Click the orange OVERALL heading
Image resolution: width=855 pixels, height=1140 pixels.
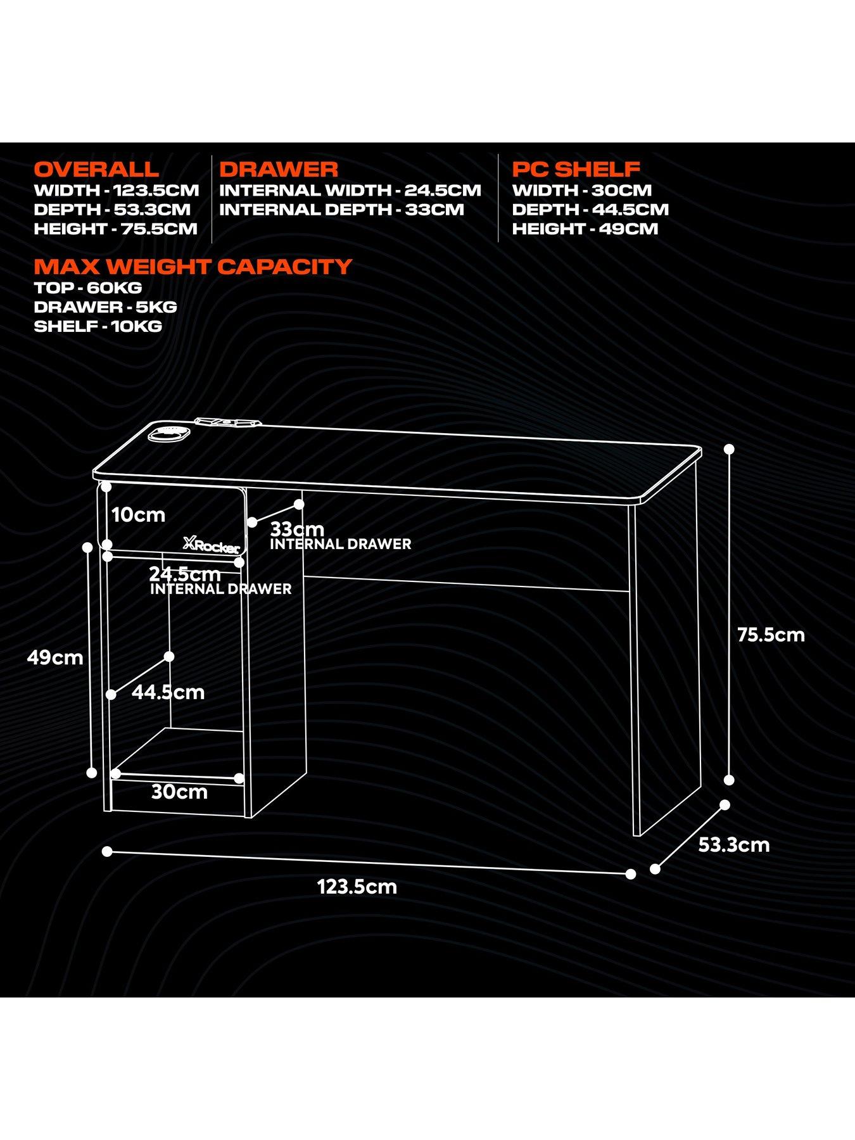pos(96,170)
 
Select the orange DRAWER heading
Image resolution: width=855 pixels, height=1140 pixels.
pos(279,170)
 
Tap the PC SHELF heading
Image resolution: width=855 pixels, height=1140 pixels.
pos(576,170)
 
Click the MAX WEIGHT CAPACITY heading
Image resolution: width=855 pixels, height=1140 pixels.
pos(193,267)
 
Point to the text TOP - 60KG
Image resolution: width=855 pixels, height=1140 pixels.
pos(88,288)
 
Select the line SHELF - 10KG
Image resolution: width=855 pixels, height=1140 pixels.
pos(98,326)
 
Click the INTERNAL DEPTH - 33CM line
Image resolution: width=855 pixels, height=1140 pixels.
pos(342,210)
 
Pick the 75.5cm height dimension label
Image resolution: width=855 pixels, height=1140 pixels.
pos(771,635)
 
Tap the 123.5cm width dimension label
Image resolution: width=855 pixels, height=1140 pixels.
pos(357,886)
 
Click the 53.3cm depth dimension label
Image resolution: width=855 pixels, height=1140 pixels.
pos(733,845)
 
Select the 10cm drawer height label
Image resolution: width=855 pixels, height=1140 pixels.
pos(138,514)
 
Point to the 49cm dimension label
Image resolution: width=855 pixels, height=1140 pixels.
pos(55,657)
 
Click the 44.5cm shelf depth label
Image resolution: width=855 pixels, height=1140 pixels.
pos(168,692)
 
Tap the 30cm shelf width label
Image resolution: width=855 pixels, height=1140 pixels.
pos(179,792)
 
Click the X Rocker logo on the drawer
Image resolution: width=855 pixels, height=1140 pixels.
pos(211,545)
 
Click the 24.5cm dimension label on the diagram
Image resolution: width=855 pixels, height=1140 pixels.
pos(184,574)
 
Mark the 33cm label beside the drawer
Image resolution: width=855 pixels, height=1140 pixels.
pos(297,529)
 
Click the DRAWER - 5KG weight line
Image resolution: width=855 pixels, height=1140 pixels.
pos(105,307)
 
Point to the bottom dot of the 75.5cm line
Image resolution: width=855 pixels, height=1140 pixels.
pos(729,780)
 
